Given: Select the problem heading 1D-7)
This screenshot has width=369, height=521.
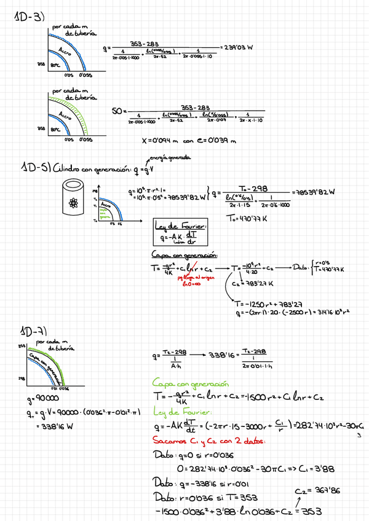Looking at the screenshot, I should coord(33,332).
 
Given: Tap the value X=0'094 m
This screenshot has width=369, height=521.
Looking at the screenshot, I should coord(161,141).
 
